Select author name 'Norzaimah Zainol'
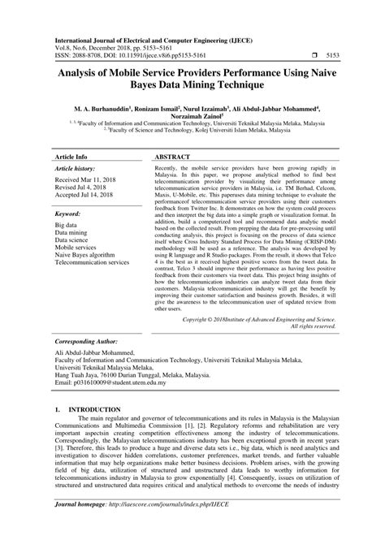point(192,117)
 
